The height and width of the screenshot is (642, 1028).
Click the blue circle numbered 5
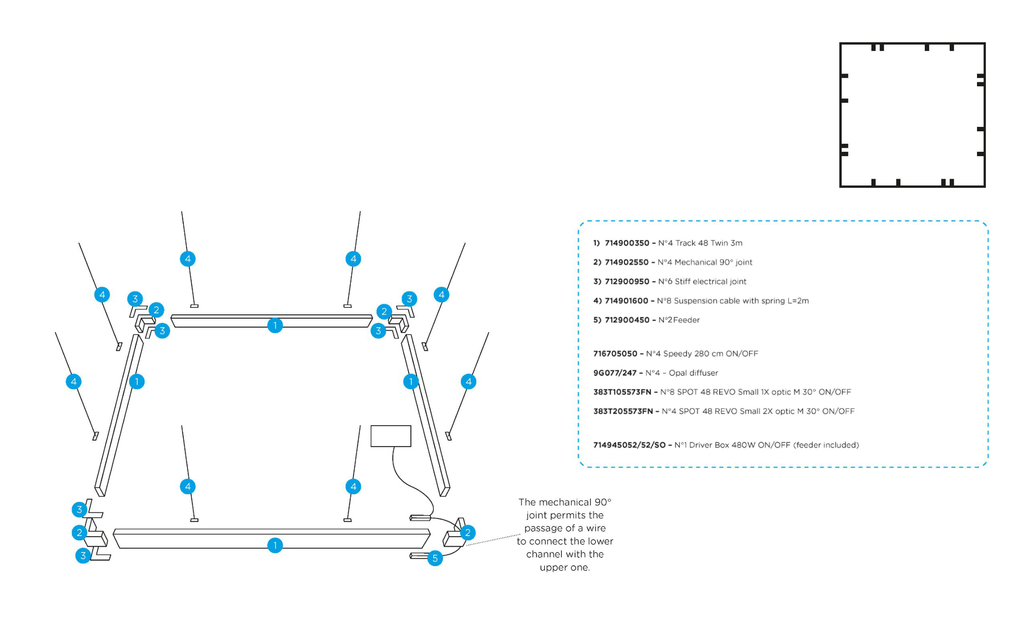click(435, 558)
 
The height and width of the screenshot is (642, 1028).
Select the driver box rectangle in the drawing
click(391, 436)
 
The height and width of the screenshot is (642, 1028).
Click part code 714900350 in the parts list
click(627, 243)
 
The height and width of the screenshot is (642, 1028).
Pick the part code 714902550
click(626, 262)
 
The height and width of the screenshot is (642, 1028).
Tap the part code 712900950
click(627, 281)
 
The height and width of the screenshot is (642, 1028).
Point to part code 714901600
click(626, 301)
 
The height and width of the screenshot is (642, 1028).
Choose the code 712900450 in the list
click(627, 320)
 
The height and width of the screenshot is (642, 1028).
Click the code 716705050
click(615, 353)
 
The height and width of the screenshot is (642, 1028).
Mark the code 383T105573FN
click(622, 392)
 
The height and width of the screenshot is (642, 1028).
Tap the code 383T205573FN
click(622, 411)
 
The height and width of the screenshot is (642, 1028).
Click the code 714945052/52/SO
click(629, 445)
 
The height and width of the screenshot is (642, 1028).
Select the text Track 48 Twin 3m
click(709, 243)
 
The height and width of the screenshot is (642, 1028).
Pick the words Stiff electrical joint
click(710, 281)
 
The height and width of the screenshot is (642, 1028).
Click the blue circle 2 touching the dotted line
click(467, 532)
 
